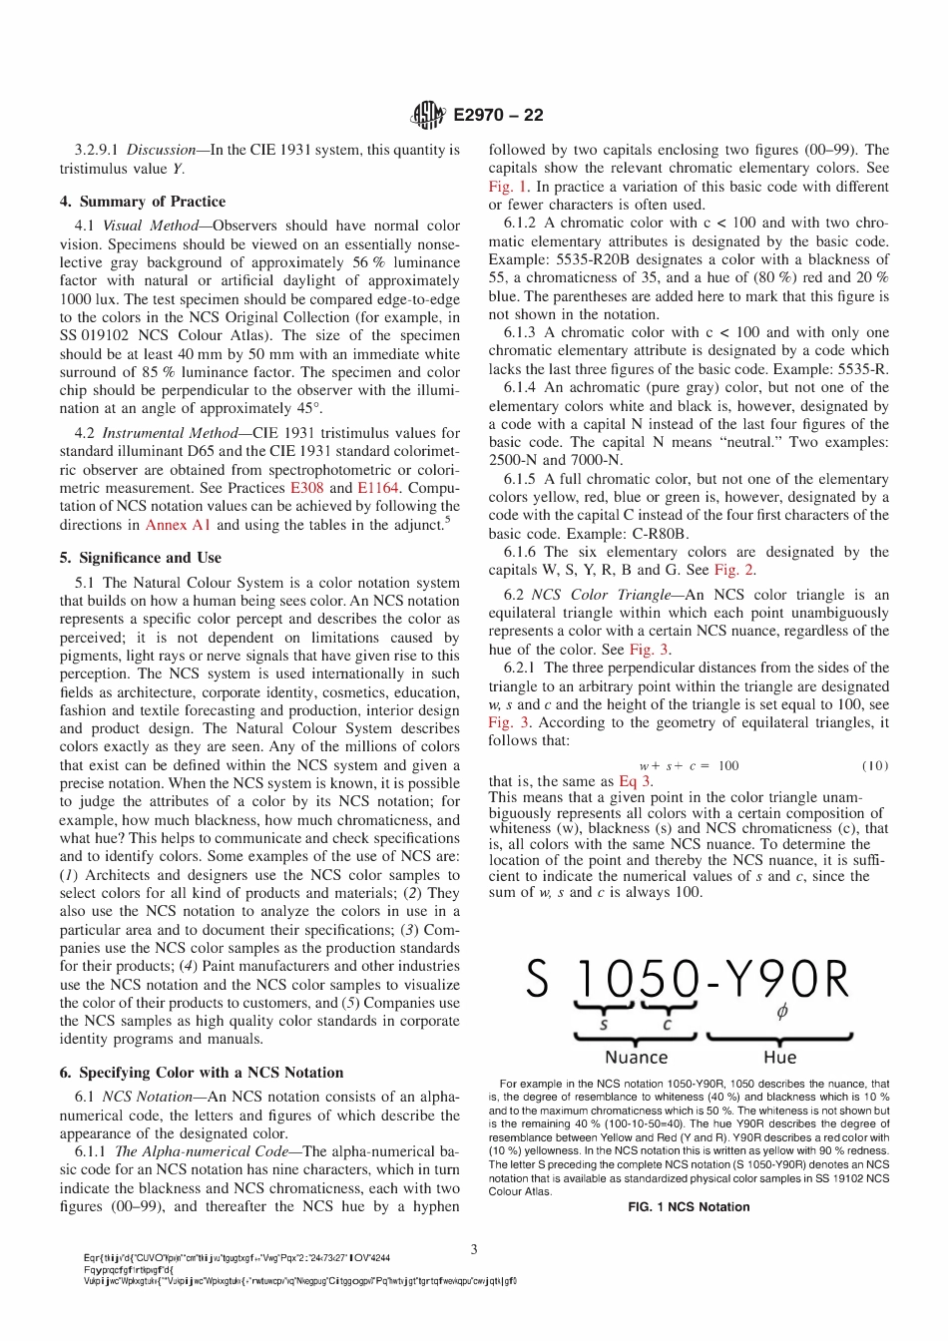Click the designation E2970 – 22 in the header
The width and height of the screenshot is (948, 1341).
pyautogui.click(x=498, y=116)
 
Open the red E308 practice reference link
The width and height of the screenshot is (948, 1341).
pyautogui.click(x=307, y=488)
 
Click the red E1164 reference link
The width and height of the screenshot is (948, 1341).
pyautogui.click(x=378, y=488)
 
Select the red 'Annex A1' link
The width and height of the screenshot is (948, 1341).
pyautogui.click(x=178, y=525)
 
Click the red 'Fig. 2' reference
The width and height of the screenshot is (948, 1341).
pyautogui.click(x=733, y=570)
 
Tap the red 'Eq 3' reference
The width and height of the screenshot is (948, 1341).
pyautogui.click(x=634, y=781)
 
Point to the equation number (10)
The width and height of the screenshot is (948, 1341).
pyautogui.click(x=874, y=765)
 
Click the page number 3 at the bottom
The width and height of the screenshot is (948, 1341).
pyautogui.click(x=474, y=1248)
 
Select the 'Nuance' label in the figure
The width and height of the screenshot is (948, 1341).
pyautogui.click(x=636, y=1057)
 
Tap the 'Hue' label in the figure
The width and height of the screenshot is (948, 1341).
pyautogui.click(x=779, y=1057)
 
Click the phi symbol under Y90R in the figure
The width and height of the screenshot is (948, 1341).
pyautogui.click(x=781, y=1012)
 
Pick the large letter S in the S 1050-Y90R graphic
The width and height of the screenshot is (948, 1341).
pyautogui.click(x=537, y=980)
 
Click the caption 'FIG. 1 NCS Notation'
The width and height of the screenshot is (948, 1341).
pyautogui.click(x=689, y=1206)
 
